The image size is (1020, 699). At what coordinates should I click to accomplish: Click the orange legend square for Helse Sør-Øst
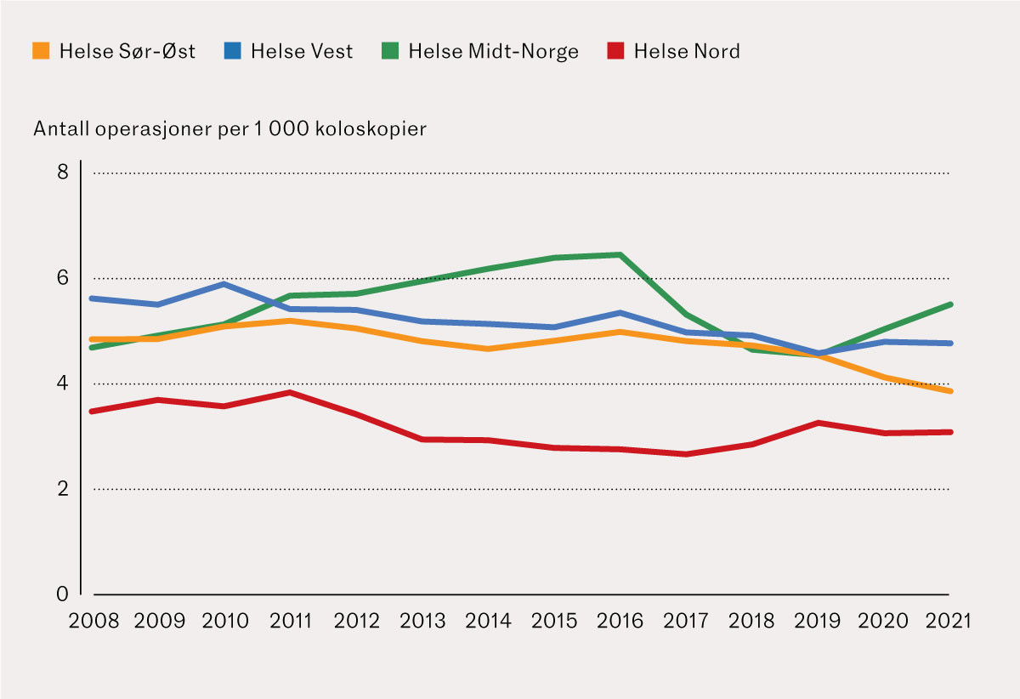coord(42,51)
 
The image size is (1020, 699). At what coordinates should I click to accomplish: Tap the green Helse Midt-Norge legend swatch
coord(390,51)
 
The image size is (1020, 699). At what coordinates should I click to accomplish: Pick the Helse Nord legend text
coord(687,51)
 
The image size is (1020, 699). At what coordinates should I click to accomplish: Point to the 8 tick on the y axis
coord(62,173)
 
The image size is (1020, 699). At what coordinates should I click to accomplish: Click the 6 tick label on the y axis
coord(62,278)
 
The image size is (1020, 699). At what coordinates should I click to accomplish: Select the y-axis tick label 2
coord(62,489)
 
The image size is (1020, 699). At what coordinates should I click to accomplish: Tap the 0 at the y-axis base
coord(62,594)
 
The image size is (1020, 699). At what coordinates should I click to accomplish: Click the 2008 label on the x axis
coord(93,621)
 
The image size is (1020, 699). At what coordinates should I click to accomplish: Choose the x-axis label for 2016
coord(620,621)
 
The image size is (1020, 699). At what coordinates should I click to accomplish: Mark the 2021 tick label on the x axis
coord(948,621)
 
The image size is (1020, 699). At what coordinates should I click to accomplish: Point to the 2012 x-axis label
coord(356,621)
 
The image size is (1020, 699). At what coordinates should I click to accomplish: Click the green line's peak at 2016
coord(620,254)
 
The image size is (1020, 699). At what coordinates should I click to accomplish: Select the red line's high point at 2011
coord(291,393)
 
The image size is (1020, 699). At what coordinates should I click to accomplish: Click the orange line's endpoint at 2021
coord(949,391)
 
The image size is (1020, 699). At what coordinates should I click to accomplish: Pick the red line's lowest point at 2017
coord(686,454)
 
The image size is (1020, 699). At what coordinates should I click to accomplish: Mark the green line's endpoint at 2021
coord(949,304)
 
